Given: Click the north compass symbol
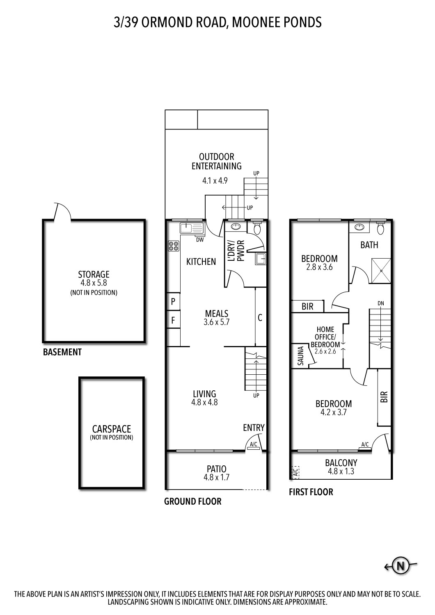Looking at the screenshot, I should coord(401,566).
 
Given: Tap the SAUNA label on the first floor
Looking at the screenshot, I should coord(300,356).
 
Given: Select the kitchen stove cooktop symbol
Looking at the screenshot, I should coord(173,246).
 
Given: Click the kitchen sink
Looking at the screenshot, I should coord(191,228).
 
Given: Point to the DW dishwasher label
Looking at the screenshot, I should coord(200,240).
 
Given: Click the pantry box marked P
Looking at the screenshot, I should coord(173,302).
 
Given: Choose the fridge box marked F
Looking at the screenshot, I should coord(173,321).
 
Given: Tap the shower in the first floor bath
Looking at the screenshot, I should coord(382,271).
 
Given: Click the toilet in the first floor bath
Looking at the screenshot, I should coord(380,228).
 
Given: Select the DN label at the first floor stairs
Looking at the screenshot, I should coord(381,303).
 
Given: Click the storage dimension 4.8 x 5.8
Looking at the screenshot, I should coord(94,283).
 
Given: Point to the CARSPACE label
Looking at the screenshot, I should coord(112,429).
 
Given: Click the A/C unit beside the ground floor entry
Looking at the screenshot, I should coord(254,446).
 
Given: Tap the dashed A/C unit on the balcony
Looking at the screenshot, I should coord(295,472).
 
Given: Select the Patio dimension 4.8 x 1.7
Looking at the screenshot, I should coord(216,477).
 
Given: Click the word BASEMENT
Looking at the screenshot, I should coord(62,352).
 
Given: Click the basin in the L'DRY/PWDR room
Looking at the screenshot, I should coord(236,227).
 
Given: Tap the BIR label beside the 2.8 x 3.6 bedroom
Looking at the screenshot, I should coord(307,307).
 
